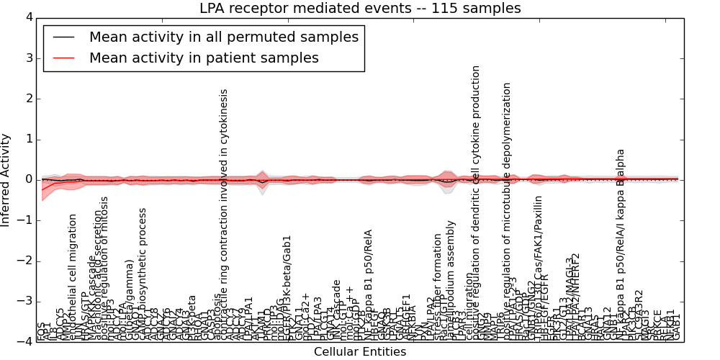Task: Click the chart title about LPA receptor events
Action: [360, 9]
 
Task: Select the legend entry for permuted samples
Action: [223, 37]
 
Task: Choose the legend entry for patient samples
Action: [204, 58]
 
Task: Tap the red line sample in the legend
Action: [63, 58]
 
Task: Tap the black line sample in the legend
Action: [63, 37]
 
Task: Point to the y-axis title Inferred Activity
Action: [6, 179]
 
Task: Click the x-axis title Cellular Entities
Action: [360, 352]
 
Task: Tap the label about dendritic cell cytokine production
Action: [476, 202]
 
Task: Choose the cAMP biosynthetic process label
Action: [143, 274]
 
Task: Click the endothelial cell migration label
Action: [73, 276]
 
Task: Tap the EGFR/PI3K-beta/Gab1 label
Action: [287, 287]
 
